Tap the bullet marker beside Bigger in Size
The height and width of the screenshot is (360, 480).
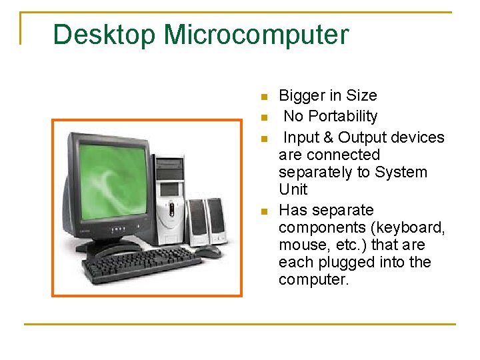tap(264, 97)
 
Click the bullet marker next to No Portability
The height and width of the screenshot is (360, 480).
tap(264, 118)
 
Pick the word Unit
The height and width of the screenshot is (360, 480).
tap(293, 189)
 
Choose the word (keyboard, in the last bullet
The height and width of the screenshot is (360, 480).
tap(409, 228)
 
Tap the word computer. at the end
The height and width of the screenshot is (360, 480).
tap(313, 280)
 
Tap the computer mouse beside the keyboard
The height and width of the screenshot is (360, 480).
tap(209, 253)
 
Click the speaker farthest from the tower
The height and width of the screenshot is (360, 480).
tap(217, 221)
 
